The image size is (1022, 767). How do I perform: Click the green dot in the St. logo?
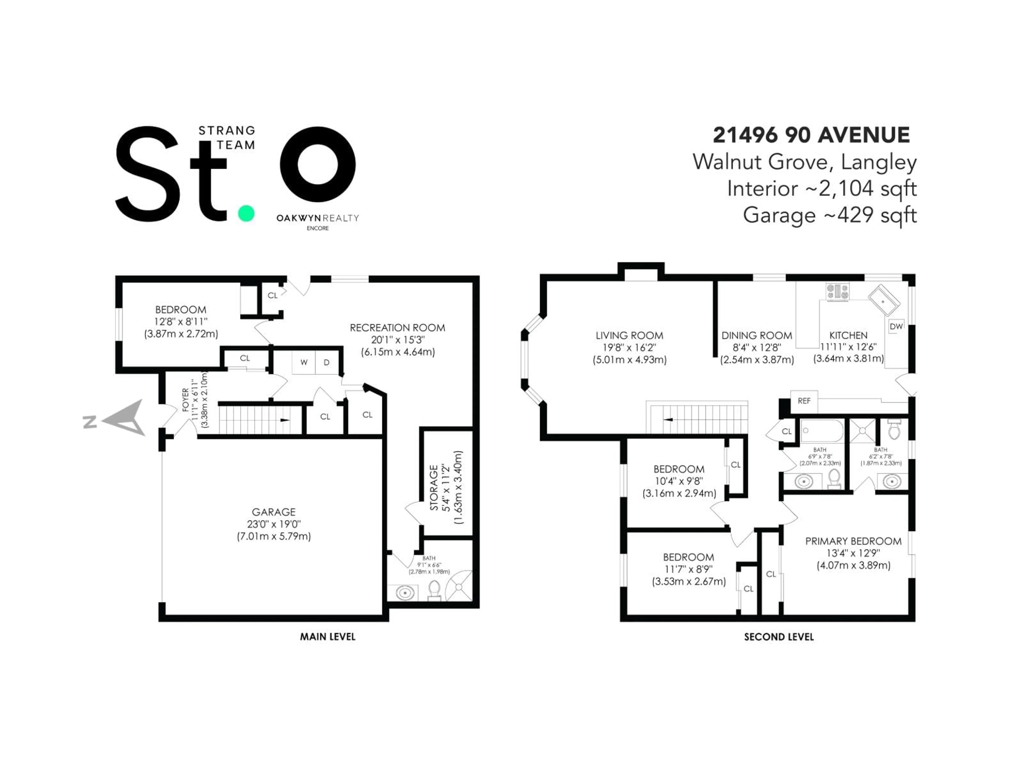pyautogui.click(x=246, y=214)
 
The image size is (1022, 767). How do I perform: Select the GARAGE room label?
pyautogui.click(x=274, y=512)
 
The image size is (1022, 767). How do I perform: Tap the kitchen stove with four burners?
pyautogui.click(x=838, y=292)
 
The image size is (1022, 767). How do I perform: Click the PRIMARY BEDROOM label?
pyautogui.click(x=853, y=541)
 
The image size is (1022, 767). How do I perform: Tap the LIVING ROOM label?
pyautogui.click(x=629, y=336)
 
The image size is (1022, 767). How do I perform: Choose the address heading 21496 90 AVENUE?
pyautogui.click(x=811, y=135)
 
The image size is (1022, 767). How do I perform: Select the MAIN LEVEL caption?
pyautogui.click(x=328, y=637)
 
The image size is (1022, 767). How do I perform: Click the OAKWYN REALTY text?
pyautogui.click(x=318, y=218)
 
